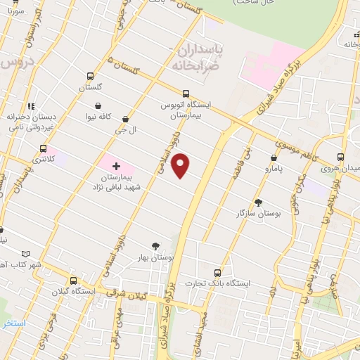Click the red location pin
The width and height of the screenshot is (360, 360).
point(181,165)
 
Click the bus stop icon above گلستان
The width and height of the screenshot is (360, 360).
point(90,76)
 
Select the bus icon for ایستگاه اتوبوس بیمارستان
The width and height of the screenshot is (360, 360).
point(186,94)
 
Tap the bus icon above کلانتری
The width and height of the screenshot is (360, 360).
point(44,149)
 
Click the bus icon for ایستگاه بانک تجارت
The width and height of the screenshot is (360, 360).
point(217,273)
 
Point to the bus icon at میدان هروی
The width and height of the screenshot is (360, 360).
point(340,157)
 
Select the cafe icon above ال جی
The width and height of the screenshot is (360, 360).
point(125,120)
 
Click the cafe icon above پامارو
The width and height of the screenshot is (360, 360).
point(273,157)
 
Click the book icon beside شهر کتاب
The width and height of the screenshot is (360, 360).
point(26,253)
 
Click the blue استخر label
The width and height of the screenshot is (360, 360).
point(13,323)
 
